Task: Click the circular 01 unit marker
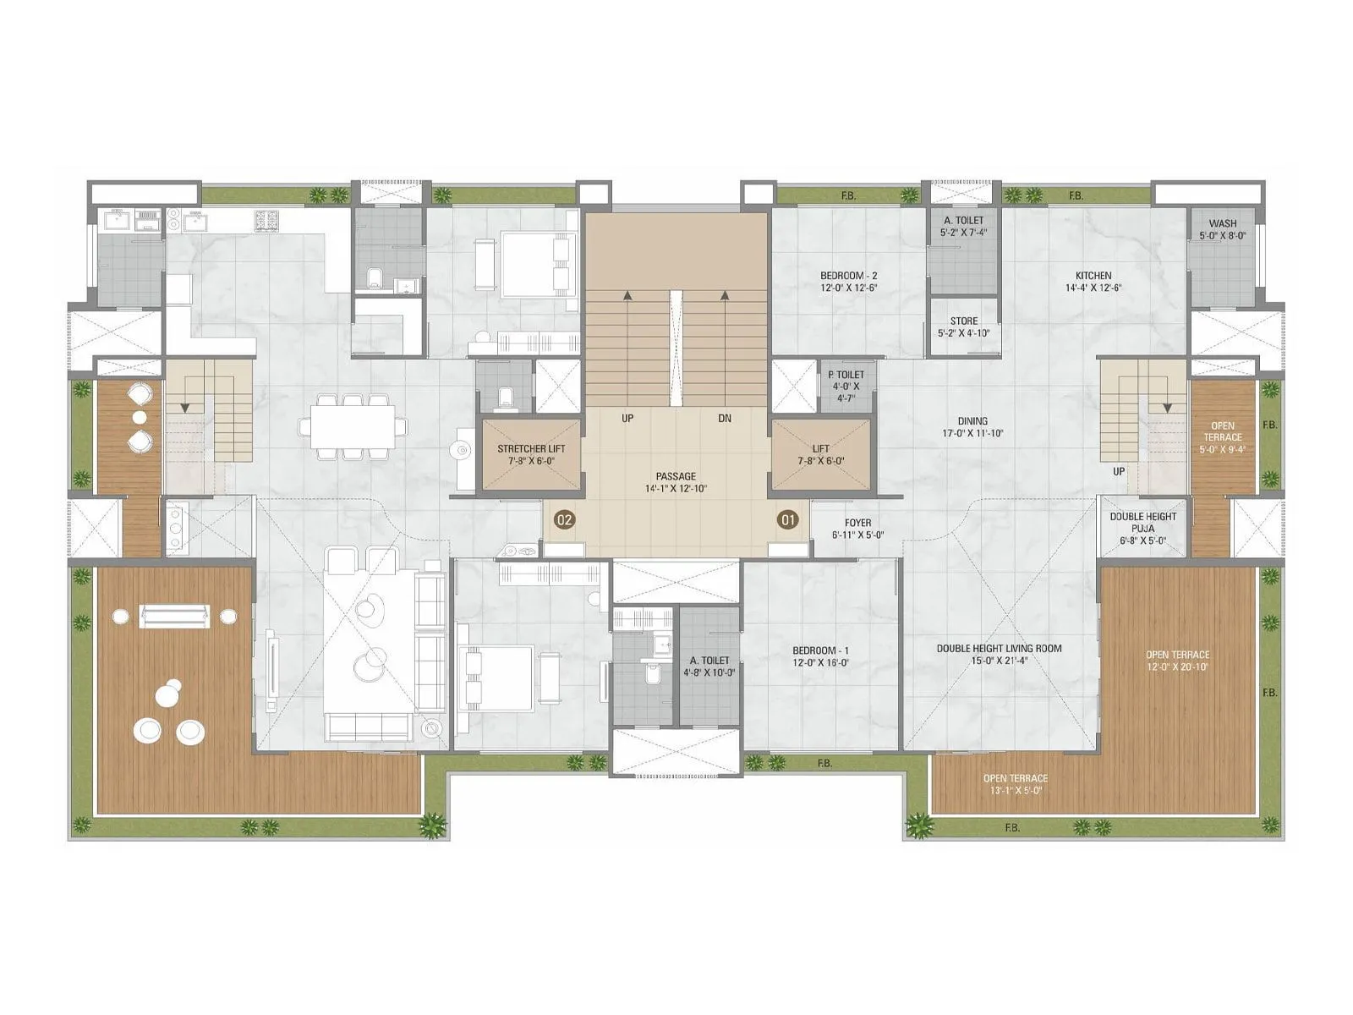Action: click(x=788, y=519)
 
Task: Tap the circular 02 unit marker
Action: click(x=564, y=519)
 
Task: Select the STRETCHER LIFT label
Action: click(x=531, y=449)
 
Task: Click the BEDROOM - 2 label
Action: click(x=848, y=276)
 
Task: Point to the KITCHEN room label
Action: click(x=1093, y=276)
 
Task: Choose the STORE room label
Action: click(x=963, y=321)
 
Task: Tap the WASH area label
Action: click(x=1222, y=224)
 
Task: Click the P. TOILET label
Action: click(x=846, y=375)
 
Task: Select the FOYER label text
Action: click(x=857, y=523)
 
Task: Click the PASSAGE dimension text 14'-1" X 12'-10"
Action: click(x=675, y=489)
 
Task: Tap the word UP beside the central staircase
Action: click(x=627, y=418)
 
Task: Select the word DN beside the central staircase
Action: click(x=725, y=418)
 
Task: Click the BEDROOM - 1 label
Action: click(x=820, y=650)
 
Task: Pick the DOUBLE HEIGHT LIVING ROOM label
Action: click(x=999, y=649)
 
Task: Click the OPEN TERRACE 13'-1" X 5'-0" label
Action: click(x=1015, y=778)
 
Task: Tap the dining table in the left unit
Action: click(x=353, y=425)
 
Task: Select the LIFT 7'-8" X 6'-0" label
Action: click(x=820, y=449)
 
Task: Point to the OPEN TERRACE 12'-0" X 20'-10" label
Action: click(x=1177, y=655)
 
